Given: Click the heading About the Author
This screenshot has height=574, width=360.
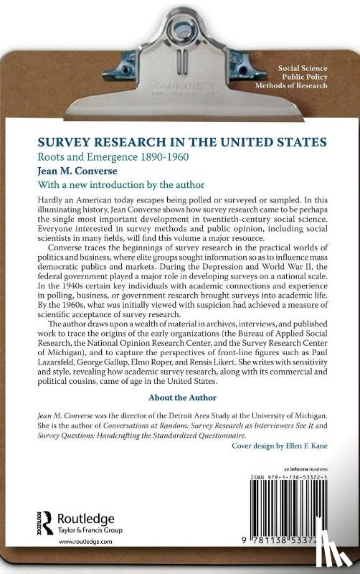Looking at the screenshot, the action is coord(179,397).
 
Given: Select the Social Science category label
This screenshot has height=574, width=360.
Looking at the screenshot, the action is coord(304,67).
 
